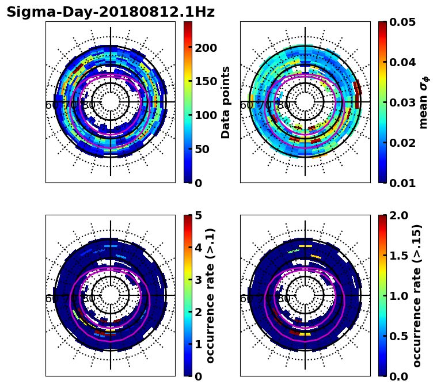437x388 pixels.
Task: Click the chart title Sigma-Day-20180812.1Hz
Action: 111,12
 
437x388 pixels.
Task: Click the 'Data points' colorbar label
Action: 226,102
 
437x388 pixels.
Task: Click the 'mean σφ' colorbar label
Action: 423,102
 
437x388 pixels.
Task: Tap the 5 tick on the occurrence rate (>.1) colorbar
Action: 197,216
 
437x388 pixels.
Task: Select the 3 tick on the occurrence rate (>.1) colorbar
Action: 197,280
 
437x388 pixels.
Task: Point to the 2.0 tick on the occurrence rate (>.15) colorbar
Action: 399,216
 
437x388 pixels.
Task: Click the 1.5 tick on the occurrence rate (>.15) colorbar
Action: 399,256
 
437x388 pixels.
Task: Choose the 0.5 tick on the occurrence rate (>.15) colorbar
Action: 399,336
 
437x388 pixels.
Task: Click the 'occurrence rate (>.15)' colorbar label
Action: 417,295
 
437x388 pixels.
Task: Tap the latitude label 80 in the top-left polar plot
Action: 89,105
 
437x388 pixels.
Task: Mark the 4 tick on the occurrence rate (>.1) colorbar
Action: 197,248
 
